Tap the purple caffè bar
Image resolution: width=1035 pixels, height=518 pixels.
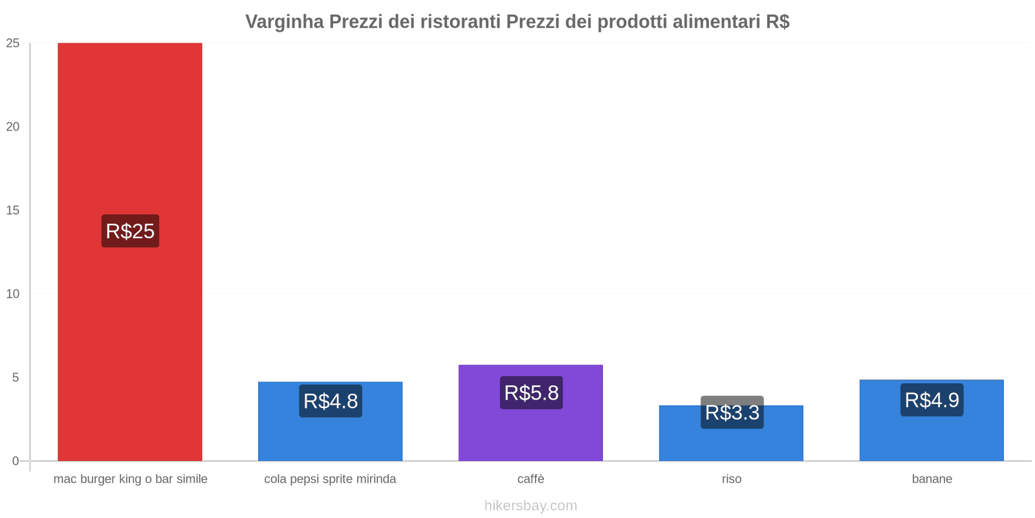(530, 434)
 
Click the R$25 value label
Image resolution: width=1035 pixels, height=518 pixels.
(130, 231)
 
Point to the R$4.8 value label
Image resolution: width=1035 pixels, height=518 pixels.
(331, 401)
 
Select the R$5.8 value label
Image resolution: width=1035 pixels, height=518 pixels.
(531, 392)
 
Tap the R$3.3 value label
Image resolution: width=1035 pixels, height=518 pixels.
(732, 412)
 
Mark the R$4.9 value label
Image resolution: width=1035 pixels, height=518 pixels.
(931, 400)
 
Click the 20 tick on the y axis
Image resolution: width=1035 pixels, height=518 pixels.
(13, 127)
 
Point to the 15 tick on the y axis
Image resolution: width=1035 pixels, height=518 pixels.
(13, 210)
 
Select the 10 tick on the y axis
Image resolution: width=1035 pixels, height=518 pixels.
(13, 294)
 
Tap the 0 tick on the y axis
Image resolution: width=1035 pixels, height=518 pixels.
(16, 461)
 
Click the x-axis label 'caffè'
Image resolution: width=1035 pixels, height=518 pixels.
(531, 479)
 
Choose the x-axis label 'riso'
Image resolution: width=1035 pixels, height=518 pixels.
(732, 479)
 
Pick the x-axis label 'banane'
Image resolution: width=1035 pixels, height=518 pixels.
(932, 479)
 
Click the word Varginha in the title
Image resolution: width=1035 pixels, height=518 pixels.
(285, 22)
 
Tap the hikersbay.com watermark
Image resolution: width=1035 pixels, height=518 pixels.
(530, 506)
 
